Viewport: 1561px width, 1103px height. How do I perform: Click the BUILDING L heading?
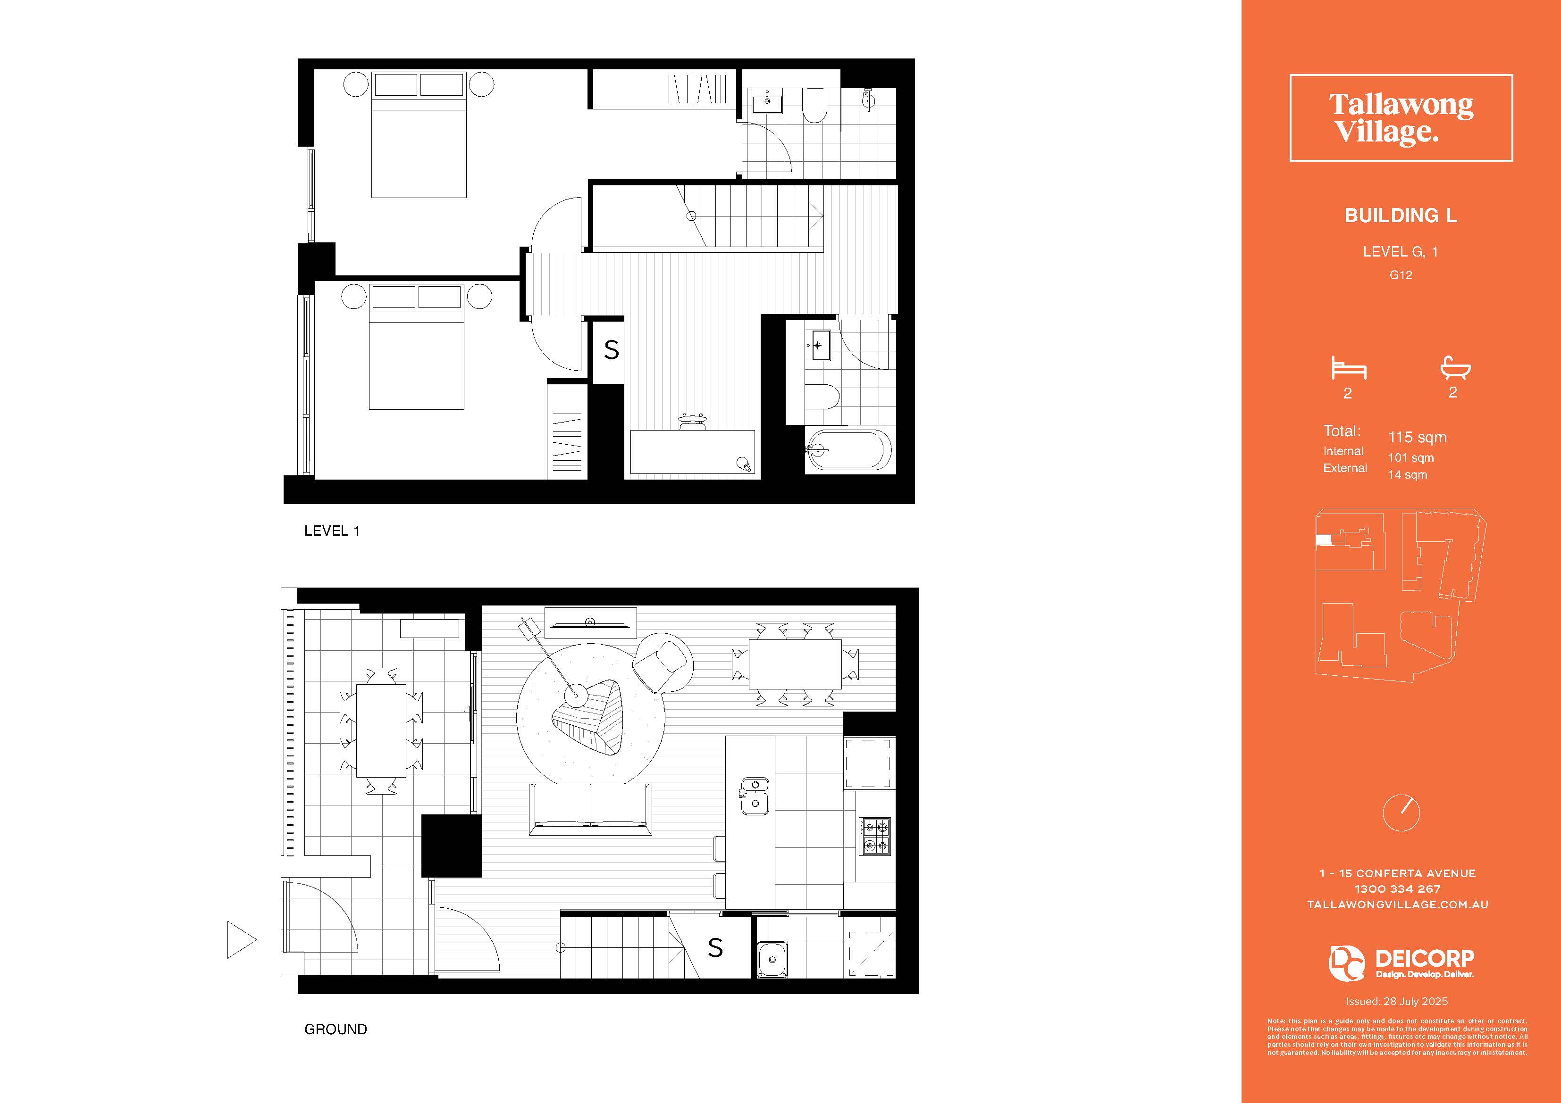coord(1401,216)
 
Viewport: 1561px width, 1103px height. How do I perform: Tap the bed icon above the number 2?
coord(1349,368)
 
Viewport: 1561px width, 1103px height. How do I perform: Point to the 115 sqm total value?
coord(1417,437)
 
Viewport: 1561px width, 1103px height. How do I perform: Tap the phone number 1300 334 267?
coord(1397,889)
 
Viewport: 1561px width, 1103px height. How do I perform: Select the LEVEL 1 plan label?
coord(332,531)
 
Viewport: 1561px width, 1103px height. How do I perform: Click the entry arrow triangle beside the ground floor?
coord(241,940)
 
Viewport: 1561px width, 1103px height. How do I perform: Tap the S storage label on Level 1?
coord(611,350)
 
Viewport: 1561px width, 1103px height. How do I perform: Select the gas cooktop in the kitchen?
coord(873,837)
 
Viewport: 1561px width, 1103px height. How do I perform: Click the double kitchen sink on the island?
coord(754,796)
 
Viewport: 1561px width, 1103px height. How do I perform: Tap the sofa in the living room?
coord(590,809)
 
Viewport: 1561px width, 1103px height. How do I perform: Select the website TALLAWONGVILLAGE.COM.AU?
coord(1397,904)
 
